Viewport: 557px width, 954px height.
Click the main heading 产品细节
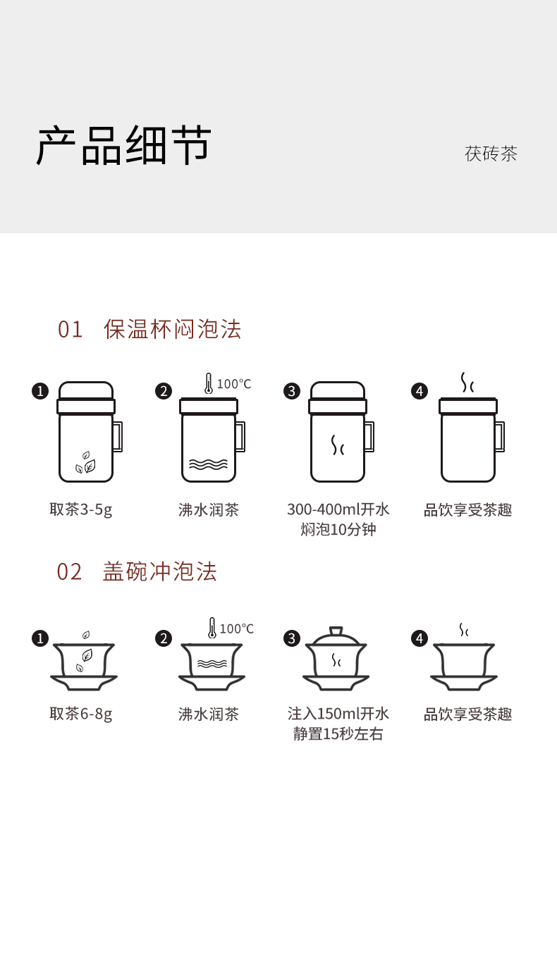coord(123,146)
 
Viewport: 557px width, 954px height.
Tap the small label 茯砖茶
coord(491,154)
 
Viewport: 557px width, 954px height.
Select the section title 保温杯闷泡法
coord(173,329)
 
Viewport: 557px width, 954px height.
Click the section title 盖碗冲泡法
coord(160,571)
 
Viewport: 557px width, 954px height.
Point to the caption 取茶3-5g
coord(81,509)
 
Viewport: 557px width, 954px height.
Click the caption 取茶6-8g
coord(81,714)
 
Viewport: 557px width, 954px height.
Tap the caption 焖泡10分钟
coord(338,529)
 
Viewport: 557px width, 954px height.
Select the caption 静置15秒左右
coord(338,733)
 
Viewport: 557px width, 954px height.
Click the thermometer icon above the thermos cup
coord(209,383)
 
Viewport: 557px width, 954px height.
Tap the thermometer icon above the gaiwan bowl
coord(212,628)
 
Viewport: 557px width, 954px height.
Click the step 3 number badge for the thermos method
coord(292,391)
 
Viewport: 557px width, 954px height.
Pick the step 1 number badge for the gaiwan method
coord(40,638)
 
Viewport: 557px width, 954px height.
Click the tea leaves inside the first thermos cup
coord(86,463)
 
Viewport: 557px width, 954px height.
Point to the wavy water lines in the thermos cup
coord(209,464)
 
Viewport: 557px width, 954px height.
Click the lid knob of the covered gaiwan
coord(336,631)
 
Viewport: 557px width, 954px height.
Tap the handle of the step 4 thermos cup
coord(499,436)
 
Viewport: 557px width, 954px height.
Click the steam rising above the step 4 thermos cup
coord(467,383)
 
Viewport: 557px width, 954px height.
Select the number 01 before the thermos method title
coord(71,329)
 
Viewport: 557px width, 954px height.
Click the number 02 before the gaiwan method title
coord(70,571)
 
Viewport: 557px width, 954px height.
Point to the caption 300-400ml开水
coord(338,509)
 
